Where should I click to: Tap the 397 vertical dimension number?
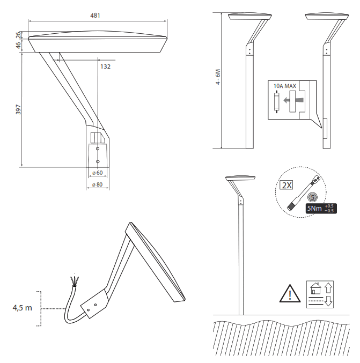point(18,110)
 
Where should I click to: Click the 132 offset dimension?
point(105,66)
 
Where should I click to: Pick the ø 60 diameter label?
point(97,173)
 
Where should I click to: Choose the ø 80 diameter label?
point(97,185)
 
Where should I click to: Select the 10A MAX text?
point(284,86)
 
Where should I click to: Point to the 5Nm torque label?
point(314,208)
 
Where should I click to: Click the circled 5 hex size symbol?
point(313,197)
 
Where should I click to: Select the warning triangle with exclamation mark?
point(290,294)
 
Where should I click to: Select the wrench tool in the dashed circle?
point(304,192)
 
